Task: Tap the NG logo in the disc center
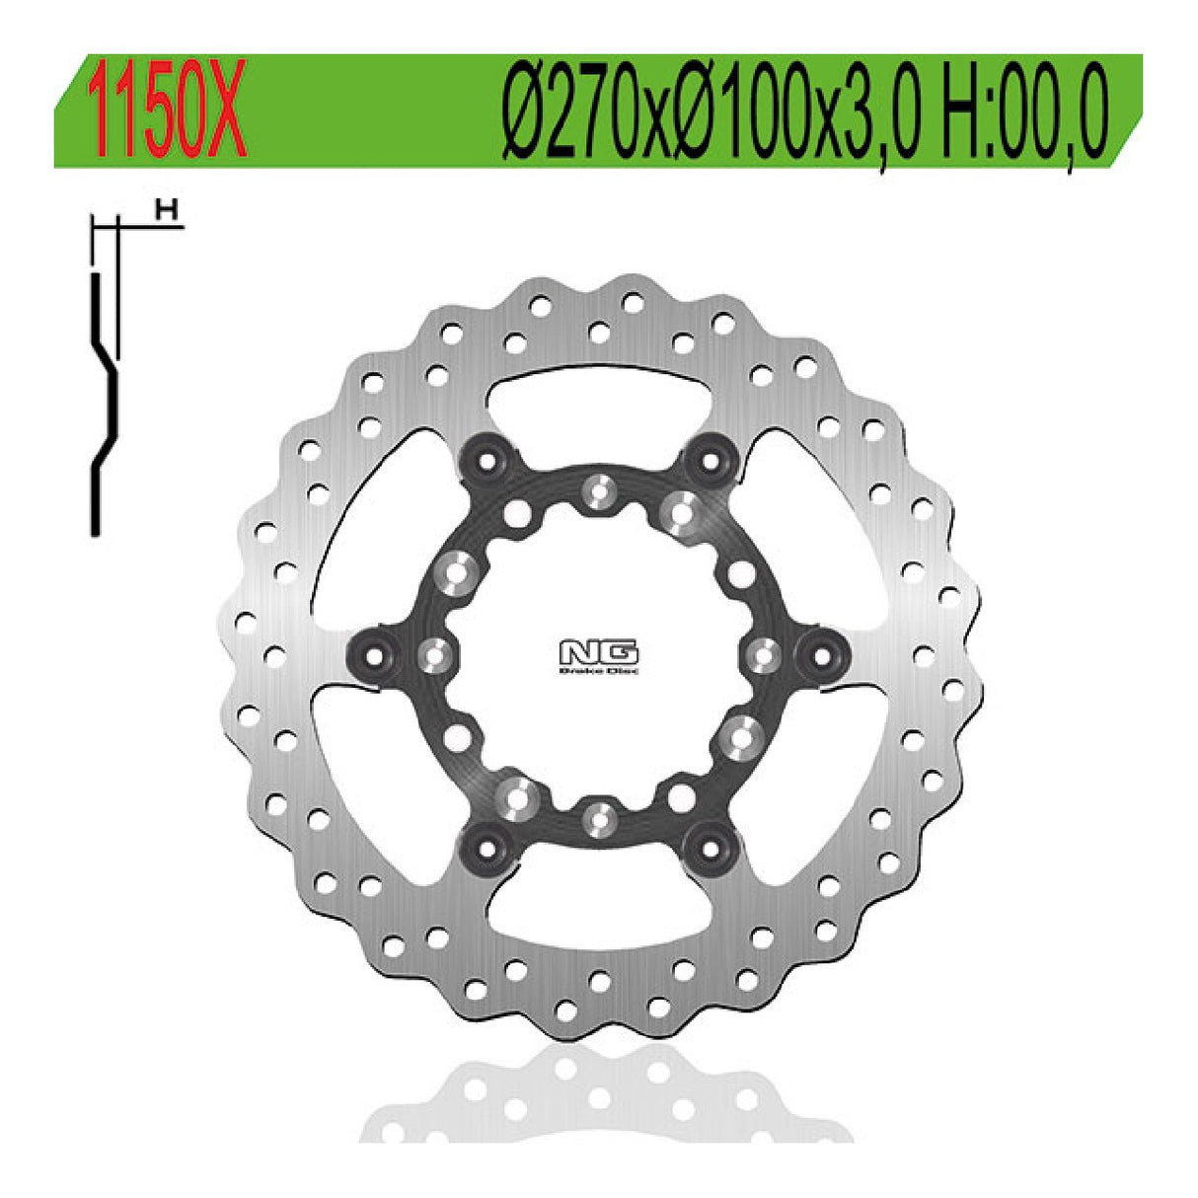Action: tap(599, 653)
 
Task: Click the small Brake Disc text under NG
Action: tap(599, 672)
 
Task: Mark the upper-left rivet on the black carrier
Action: tap(487, 459)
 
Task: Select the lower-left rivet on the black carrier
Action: tap(487, 845)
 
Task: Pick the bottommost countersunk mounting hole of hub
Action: tap(597, 816)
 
